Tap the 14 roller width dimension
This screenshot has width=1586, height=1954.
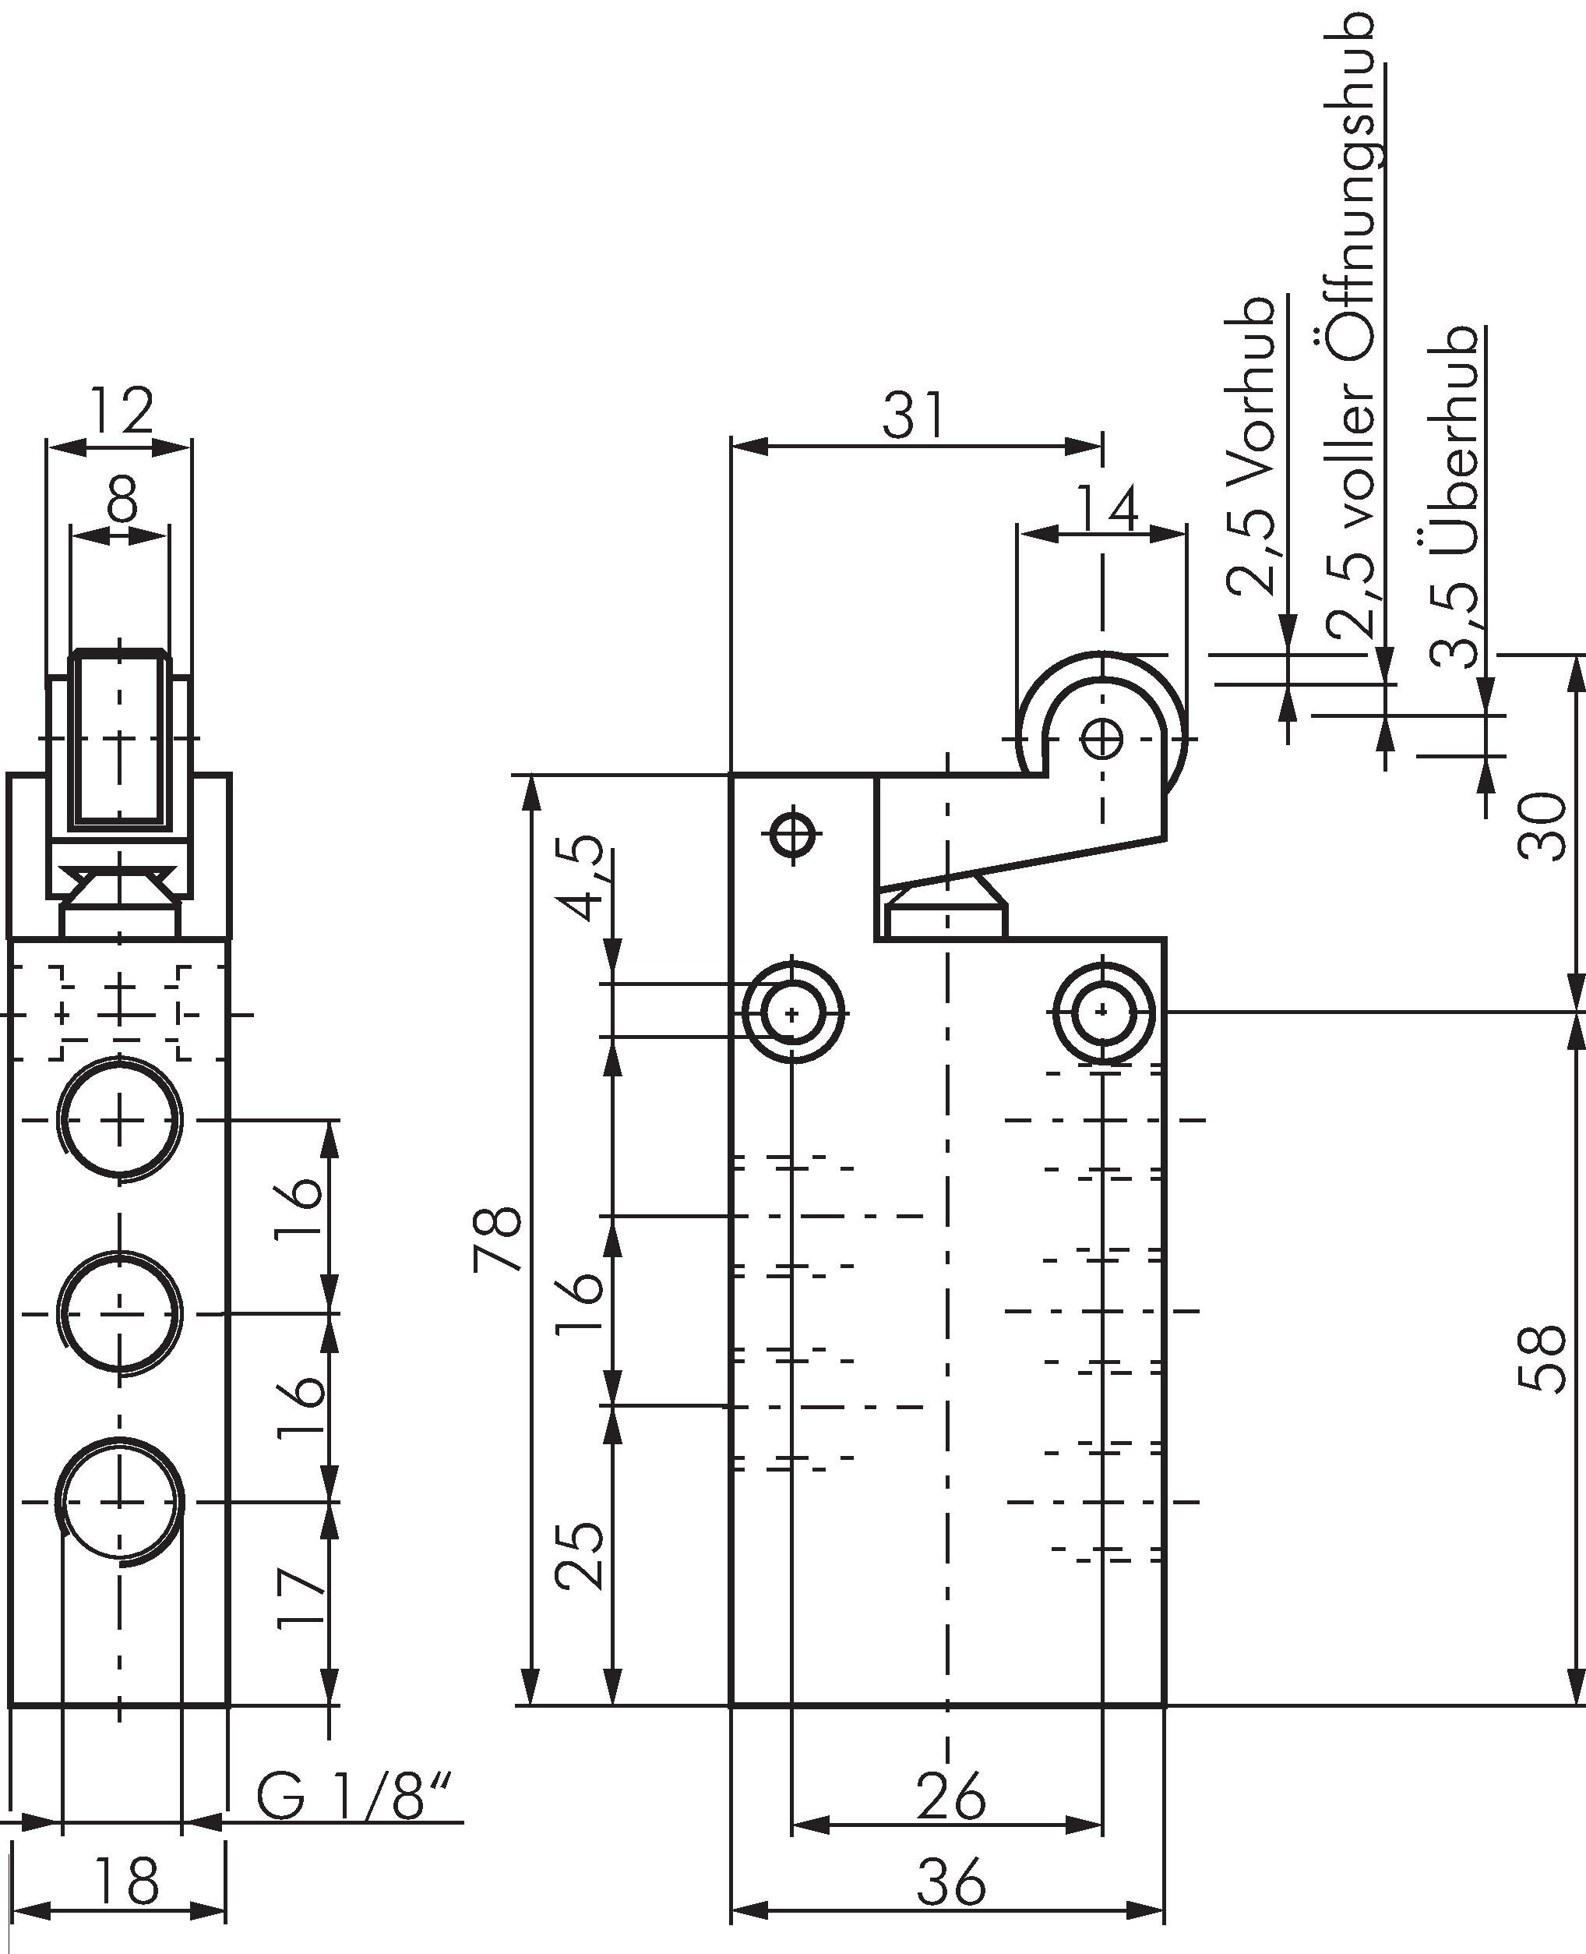(x=1107, y=509)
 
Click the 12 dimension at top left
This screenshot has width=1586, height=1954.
(x=122, y=412)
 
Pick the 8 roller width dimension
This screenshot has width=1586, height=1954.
(x=121, y=498)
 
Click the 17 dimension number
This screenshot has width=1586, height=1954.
(x=301, y=1599)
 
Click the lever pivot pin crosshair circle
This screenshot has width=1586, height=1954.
(x=793, y=832)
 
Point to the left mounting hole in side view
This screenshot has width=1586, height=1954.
(x=793, y=1012)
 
